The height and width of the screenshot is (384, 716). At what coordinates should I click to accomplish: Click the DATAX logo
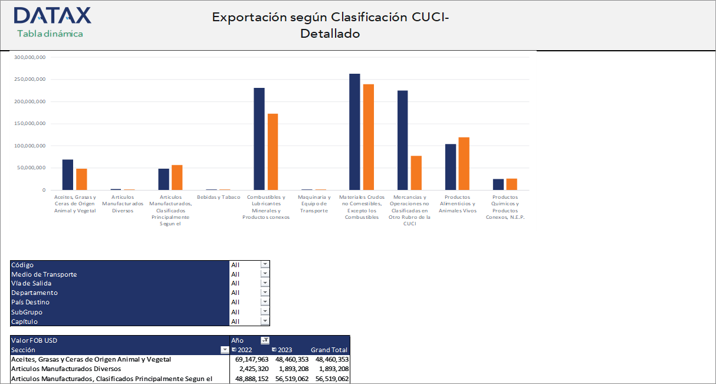(x=52, y=15)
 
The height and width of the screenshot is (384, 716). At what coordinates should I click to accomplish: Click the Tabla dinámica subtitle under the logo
(x=50, y=34)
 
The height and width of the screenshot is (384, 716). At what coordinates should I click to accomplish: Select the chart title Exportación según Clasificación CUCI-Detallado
(x=330, y=25)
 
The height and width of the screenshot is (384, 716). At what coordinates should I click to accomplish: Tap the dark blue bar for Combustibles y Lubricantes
(x=259, y=139)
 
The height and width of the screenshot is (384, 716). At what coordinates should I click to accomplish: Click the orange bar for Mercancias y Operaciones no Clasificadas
(x=416, y=173)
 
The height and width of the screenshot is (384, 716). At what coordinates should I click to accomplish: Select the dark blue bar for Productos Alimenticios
(x=451, y=167)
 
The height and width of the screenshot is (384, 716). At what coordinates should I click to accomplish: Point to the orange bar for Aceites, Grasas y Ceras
(x=81, y=179)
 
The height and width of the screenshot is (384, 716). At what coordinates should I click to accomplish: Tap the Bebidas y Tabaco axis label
(x=218, y=197)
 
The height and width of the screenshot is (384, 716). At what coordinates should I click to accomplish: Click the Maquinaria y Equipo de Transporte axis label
(x=314, y=204)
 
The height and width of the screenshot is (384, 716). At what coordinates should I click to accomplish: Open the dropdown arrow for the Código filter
(x=265, y=265)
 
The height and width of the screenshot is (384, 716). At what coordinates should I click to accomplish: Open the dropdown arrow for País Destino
(x=265, y=303)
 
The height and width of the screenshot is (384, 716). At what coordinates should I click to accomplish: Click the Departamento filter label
(x=35, y=293)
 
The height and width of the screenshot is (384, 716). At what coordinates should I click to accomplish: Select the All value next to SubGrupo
(x=235, y=312)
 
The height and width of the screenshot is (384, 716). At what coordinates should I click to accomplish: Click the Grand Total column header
(x=329, y=350)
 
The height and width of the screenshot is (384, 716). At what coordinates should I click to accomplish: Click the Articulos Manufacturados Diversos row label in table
(x=66, y=369)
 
